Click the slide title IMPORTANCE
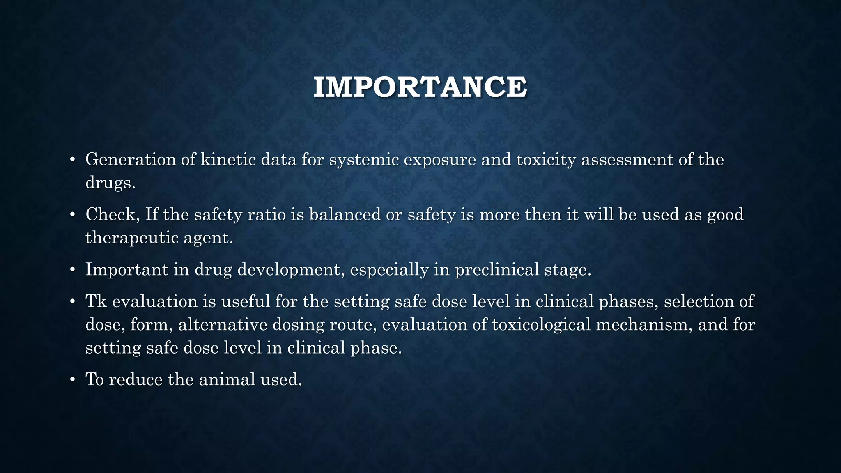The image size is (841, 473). coord(420,87)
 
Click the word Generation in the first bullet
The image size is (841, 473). coord(131,160)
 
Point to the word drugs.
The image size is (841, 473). coord(110,183)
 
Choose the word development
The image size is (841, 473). coord(291,270)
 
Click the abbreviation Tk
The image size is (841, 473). coord(96,301)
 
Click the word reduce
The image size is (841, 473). coord(136,379)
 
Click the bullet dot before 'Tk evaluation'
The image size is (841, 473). coord(72,302)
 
